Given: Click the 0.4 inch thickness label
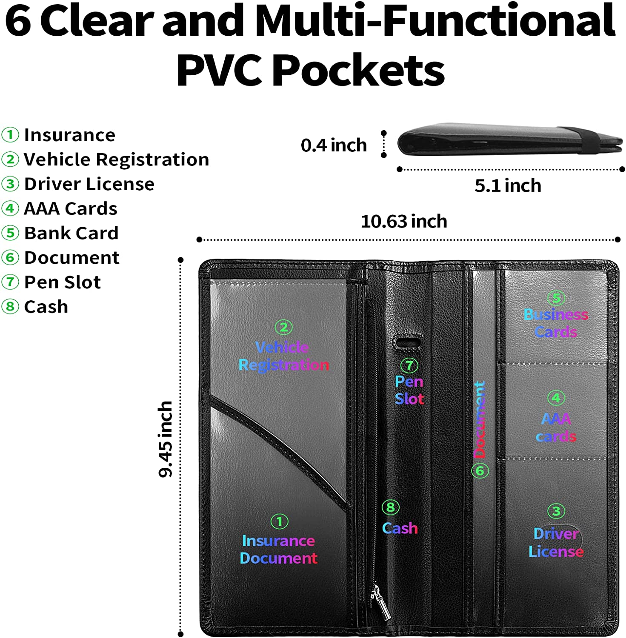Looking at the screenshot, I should [334, 145].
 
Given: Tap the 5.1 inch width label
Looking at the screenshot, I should [508, 186].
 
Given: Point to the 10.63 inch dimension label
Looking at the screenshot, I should [404, 222].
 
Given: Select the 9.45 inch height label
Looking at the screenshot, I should [166, 439].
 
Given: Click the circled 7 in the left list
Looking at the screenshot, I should [10, 282].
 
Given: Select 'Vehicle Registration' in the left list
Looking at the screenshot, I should [116, 159].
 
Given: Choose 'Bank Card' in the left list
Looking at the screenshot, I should [71, 233].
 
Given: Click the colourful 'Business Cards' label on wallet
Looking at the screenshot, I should [556, 323].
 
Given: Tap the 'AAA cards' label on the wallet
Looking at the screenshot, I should [556, 427].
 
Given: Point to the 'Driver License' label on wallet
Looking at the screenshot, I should [556, 542].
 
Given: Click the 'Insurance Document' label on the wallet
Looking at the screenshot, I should [278, 549].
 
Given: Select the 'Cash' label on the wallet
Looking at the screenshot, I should [400, 528].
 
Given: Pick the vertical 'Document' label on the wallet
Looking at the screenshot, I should [480, 419].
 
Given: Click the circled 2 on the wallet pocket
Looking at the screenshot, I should [283, 327].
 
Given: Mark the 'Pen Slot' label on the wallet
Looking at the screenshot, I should [409, 390].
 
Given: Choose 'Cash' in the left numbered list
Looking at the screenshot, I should [46, 307].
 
